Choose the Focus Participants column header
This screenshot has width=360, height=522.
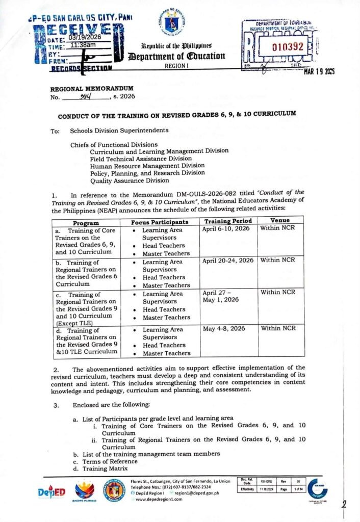pos(160,222)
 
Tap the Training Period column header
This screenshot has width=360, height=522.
pos(228,221)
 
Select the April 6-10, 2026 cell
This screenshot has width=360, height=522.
pos(226,230)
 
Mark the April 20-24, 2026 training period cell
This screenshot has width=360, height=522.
pos(228,260)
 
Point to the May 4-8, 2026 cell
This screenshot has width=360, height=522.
pos(223,329)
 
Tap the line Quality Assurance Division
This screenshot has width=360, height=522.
pos(130,180)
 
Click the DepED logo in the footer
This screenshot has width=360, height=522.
pos(52,493)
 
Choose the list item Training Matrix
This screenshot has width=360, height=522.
pos(100,468)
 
